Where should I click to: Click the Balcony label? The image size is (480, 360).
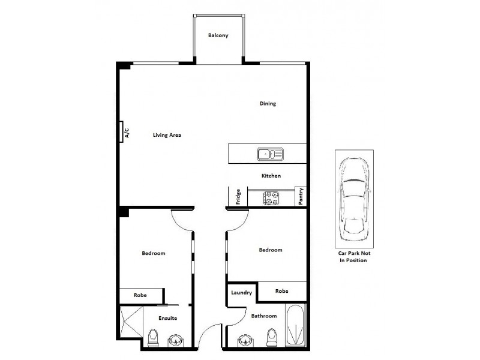(218, 35)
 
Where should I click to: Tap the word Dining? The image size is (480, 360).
(268, 104)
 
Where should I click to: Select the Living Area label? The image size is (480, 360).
(166, 135)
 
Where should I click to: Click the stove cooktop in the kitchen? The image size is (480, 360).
(271, 198)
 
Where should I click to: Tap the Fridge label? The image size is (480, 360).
(238, 197)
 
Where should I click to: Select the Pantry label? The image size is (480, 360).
(301, 196)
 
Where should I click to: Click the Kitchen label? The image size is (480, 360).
(271, 176)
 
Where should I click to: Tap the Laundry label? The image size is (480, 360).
(241, 293)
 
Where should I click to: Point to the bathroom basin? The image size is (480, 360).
(245, 341)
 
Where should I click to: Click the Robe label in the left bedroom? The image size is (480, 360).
(140, 295)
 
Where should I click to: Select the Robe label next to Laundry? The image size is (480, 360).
(281, 291)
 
